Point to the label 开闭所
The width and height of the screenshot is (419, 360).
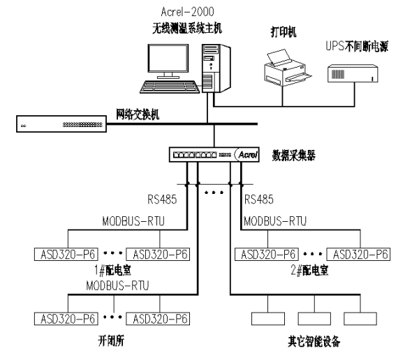[112, 343]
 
